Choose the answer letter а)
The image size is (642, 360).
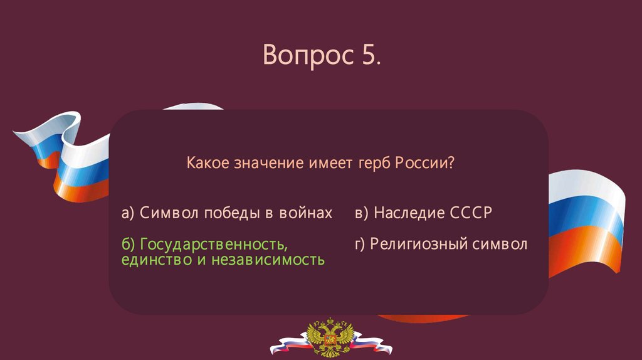[128, 213]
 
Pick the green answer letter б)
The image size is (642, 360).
[128, 244]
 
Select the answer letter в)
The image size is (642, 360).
[362, 213]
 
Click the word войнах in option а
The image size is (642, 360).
[306, 213]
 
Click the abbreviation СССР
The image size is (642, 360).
[471, 213]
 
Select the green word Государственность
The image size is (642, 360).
[214, 245]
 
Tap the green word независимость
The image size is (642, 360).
[268, 260]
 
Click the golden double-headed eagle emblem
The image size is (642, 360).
[330, 337]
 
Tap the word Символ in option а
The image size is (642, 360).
[169, 213]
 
